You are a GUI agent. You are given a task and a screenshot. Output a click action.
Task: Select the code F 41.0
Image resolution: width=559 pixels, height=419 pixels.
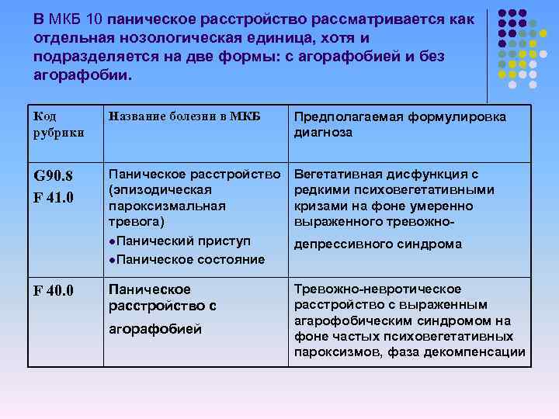54,196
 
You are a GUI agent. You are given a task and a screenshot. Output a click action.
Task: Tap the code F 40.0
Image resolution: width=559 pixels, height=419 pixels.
54,291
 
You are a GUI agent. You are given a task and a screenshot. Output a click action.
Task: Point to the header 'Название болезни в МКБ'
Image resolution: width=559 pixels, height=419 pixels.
184,116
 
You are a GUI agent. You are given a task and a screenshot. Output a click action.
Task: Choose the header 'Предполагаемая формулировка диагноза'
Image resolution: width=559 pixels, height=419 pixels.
400,124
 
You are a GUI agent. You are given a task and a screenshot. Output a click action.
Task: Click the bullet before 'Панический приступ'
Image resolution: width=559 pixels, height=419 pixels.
113,242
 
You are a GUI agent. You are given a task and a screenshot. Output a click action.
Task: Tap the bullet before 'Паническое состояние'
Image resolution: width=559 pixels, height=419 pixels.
113,259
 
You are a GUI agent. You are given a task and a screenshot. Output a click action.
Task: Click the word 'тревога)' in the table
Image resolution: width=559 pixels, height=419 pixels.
133,221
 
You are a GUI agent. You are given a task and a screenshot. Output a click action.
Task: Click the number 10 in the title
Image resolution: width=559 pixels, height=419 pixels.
94,19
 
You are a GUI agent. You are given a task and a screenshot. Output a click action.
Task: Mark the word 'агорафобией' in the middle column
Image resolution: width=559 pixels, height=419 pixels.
155,329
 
